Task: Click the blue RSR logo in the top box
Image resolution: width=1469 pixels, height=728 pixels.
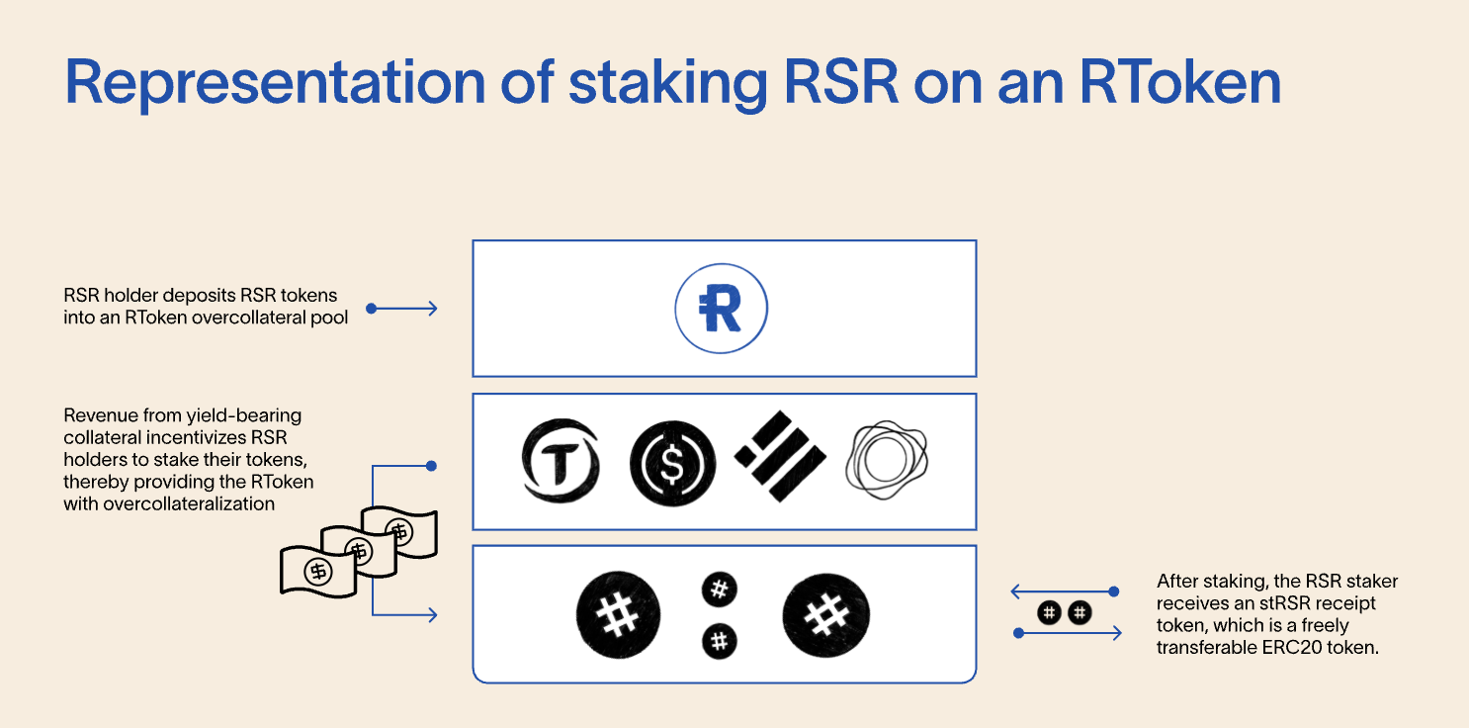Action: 722,309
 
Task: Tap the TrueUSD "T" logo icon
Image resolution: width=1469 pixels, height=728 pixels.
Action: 561,461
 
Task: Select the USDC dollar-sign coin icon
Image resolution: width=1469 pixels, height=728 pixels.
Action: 672,461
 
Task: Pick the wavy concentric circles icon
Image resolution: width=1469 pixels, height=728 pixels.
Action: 888,460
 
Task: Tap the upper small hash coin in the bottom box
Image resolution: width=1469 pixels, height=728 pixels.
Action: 720,591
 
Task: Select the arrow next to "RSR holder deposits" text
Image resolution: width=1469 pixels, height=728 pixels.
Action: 402,309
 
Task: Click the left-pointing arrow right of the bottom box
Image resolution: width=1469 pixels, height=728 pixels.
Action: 1064,591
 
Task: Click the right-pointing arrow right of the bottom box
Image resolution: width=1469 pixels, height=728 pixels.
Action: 1070,633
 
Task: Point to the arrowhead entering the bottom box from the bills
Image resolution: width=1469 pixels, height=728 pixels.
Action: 431,615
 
